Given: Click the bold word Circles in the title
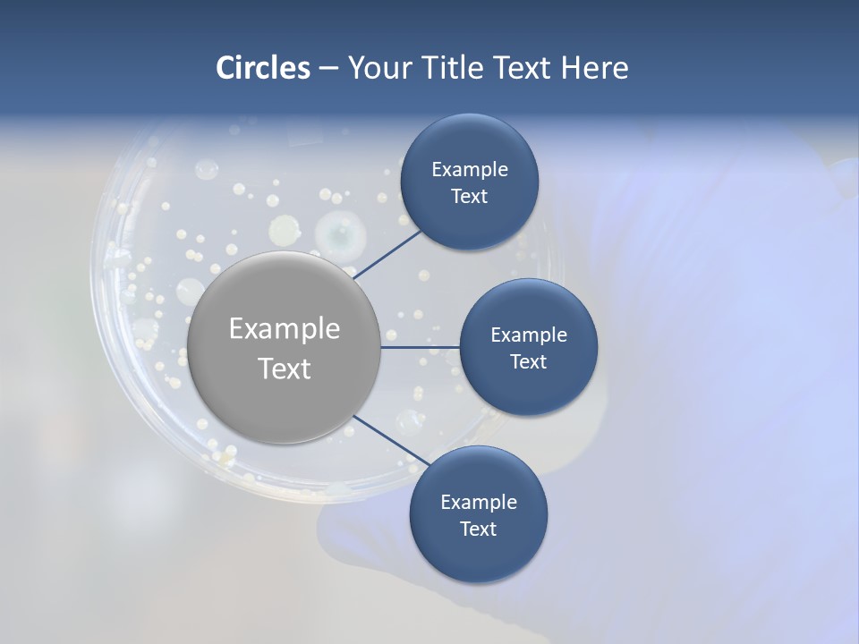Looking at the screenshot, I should point(263,68).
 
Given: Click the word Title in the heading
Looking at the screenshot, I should point(450,68).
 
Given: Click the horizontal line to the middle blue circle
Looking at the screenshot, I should point(421,347).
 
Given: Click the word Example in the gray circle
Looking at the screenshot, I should point(285,329).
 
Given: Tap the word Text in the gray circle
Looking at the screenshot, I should point(285,369).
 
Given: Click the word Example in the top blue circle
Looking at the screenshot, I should point(470,170).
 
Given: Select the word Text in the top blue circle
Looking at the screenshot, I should point(469,197).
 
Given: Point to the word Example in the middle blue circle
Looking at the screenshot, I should point(529,335).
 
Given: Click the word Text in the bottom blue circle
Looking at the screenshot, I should point(478,529).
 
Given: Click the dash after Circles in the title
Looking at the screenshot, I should point(328,68).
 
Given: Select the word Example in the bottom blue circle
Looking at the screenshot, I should point(479,502).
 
